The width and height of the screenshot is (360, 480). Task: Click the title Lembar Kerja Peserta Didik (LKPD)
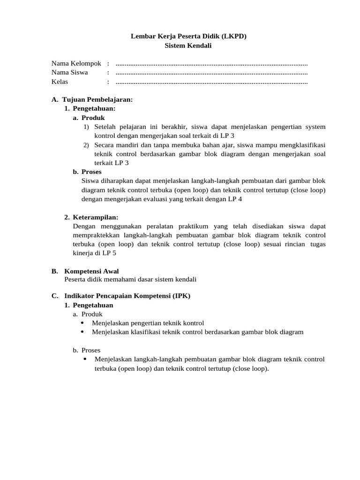[188, 36]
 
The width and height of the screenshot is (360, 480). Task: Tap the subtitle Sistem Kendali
[188, 45]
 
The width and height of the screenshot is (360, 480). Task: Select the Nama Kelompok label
[76, 63]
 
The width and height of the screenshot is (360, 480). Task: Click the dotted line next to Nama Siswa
[211, 73]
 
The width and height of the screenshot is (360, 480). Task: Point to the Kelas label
[60, 82]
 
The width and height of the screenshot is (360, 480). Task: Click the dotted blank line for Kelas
[211, 82]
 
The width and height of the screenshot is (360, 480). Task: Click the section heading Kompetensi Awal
[91, 271]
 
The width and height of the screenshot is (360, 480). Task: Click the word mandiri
[128, 145]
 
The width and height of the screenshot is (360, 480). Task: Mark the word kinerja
[83, 253]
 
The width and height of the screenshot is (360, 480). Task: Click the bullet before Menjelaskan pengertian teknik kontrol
[82, 323]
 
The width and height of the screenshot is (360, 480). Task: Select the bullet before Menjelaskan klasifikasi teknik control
[82, 332]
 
